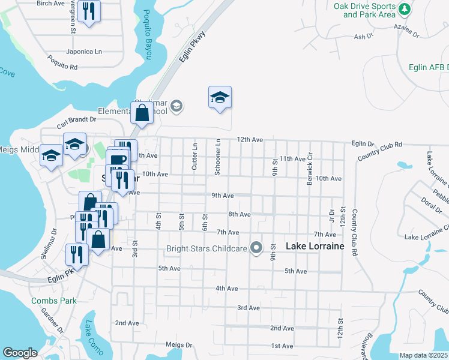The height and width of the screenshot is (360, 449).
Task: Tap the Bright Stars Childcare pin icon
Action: click(x=257, y=247)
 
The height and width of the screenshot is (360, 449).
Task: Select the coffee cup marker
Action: click(x=118, y=160)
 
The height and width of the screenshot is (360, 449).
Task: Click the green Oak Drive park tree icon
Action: click(x=405, y=9)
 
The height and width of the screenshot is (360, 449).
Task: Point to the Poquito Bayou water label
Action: click(x=146, y=34)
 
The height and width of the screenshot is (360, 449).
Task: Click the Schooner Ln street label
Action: click(x=218, y=158)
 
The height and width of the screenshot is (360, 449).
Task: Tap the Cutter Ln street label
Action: click(x=194, y=156)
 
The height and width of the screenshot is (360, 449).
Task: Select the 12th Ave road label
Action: click(x=250, y=140)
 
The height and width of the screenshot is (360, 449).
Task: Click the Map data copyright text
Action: click(x=423, y=355)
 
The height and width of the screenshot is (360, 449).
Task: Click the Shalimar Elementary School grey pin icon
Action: click(x=176, y=107)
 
